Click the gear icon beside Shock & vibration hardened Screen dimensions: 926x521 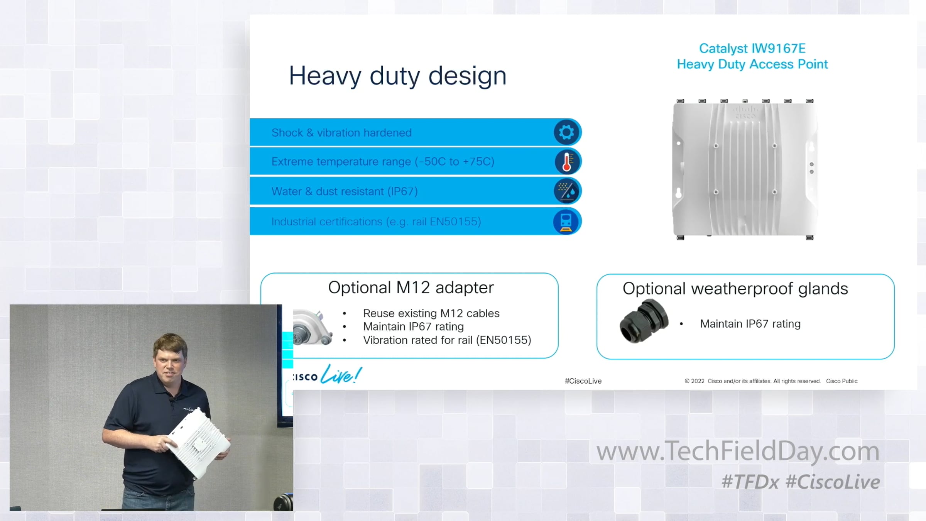566,132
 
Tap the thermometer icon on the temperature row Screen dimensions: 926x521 567,162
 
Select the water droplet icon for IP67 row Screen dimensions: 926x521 567,191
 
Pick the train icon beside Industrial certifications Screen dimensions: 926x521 566,222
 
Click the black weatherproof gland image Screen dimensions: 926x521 644,321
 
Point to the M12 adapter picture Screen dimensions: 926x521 313,327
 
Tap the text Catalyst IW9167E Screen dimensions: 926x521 752,48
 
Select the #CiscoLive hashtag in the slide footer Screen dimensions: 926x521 583,381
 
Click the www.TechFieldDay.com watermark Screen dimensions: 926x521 738,451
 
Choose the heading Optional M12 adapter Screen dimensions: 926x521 411,288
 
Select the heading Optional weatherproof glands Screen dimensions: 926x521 735,289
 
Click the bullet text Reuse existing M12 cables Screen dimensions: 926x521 431,313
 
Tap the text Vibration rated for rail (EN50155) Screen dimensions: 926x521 447,340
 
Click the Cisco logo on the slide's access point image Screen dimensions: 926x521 745,113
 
